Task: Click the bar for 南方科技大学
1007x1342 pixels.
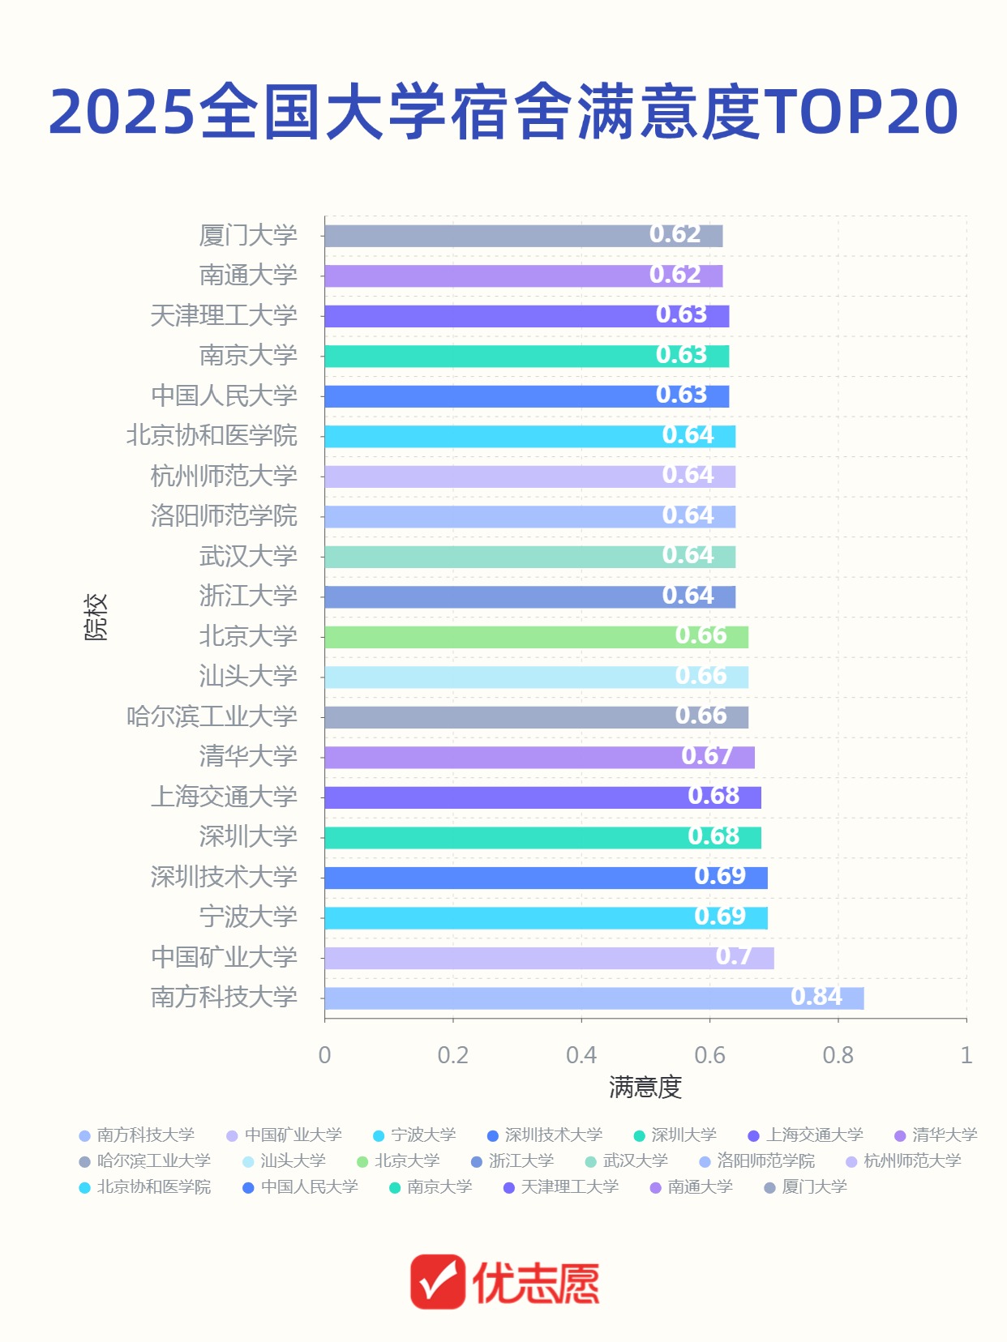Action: pyautogui.click(x=593, y=998)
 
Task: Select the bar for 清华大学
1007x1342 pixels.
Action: pyautogui.click(x=539, y=758)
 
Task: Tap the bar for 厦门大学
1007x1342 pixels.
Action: pyautogui.click(x=523, y=236)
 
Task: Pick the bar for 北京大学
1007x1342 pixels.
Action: pyautogui.click(x=536, y=637)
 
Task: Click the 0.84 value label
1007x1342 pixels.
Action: pyautogui.click(x=816, y=997)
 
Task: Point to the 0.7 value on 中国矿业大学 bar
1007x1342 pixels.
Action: pyautogui.click(x=733, y=957)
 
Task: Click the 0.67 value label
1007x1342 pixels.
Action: pyautogui.click(x=706, y=756)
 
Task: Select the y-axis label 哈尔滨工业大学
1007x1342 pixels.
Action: pyautogui.click(x=212, y=716)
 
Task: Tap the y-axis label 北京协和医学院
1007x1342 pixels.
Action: pyautogui.click(x=212, y=436)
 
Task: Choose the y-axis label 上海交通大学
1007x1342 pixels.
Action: pyautogui.click(x=224, y=797)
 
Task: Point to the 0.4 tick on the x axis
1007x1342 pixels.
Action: pyautogui.click(x=581, y=1055)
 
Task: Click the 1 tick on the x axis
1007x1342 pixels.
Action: pyautogui.click(x=966, y=1055)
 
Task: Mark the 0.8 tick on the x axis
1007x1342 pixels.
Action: pyautogui.click(x=838, y=1055)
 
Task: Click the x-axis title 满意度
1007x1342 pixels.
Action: pyautogui.click(x=645, y=1088)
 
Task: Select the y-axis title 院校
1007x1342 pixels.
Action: pyautogui.click(x=96, y=617)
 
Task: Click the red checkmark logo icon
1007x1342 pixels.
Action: pyautogui.click(x=438, y=1282)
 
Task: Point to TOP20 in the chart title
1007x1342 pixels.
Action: pyautogui.click(x=861, y=111)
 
